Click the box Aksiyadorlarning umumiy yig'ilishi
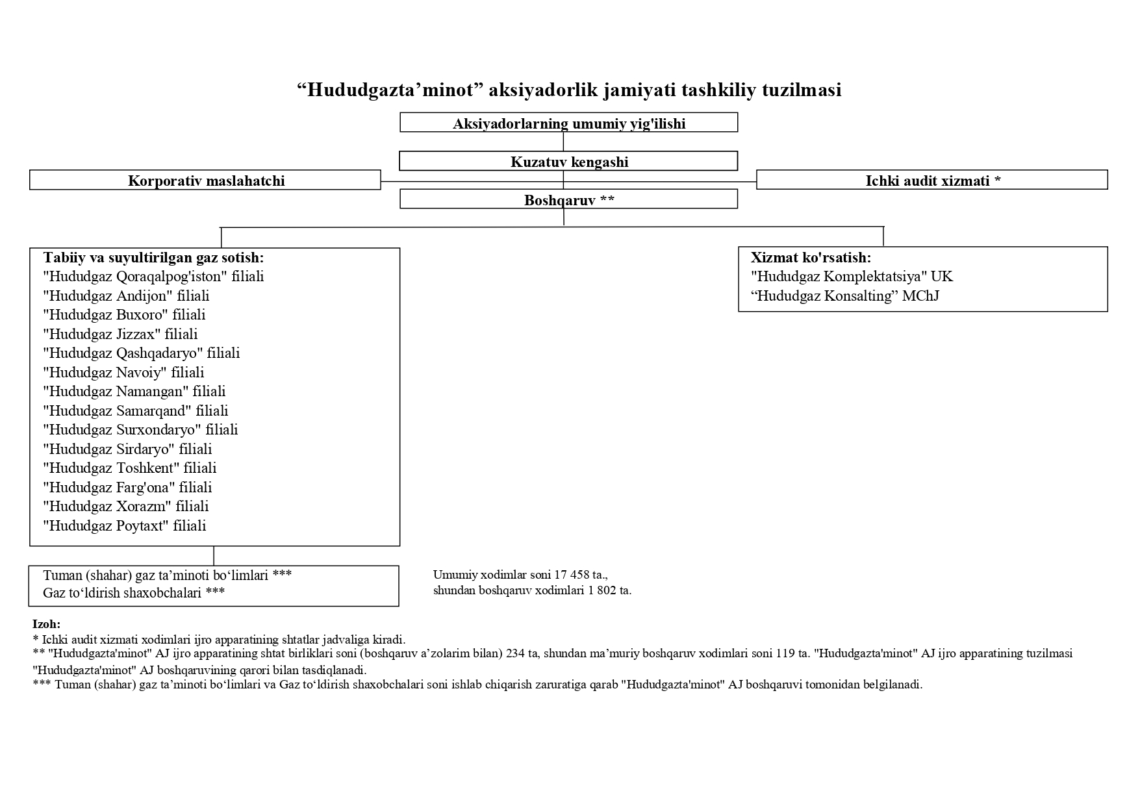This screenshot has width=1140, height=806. click(568, 123)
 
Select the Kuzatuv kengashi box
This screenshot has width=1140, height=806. click(568, 162)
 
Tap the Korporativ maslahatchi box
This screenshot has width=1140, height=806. click(206, 181)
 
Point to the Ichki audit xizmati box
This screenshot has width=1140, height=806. click(932, 181)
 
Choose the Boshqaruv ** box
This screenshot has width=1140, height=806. click(568, 200)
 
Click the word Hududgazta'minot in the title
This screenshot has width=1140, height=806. click(392, 90)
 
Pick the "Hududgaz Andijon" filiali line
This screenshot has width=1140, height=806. click(126, 296)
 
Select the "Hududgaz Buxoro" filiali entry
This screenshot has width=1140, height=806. click(124, 315)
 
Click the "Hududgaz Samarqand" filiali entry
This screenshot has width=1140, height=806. click(136, 410)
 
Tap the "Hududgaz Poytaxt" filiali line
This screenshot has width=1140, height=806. click(124, 525)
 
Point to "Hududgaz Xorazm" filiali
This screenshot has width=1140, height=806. click(125, 506)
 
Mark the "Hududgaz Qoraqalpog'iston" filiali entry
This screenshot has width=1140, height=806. click(153, 277)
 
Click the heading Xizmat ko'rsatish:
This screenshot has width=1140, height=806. click(811, 257)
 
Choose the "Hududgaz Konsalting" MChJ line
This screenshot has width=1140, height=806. click(844, 296)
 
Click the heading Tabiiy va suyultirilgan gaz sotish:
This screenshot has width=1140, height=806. click(153, 258)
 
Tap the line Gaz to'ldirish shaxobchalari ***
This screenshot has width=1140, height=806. click(134, 592)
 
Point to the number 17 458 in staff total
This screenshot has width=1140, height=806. click(572, 575)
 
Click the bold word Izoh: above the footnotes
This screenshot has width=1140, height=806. click(46, 624)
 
